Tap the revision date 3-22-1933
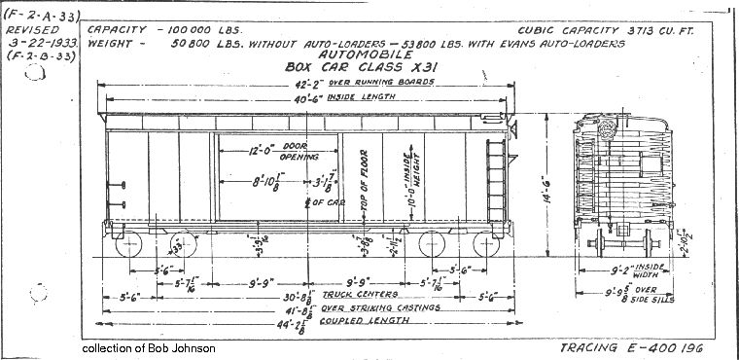click(x=39, y=44)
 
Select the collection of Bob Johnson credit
click(x=149, y=347)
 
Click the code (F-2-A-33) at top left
click(x=43, y=14)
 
